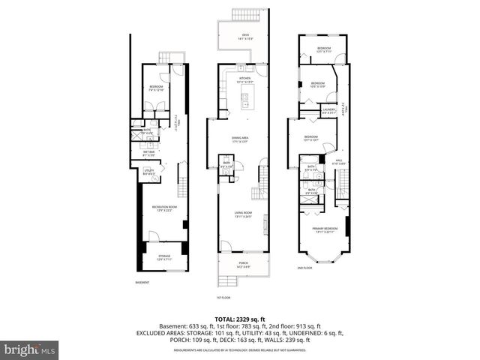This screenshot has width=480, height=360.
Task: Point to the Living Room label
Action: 243,215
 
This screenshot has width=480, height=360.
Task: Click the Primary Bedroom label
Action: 325,229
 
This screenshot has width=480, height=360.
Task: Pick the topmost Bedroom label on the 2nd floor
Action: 324,49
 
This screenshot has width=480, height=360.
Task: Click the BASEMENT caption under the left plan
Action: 142,282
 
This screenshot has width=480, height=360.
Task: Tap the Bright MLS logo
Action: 30,349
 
